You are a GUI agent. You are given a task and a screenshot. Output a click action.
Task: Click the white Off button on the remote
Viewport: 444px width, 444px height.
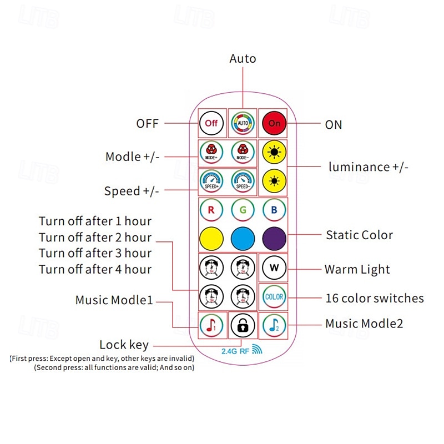(x=211, y=123)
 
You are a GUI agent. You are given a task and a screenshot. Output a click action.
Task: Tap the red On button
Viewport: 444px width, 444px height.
(x=274, y=123)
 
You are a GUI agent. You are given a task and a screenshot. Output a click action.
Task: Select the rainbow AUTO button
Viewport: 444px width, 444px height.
(x=243, y=123)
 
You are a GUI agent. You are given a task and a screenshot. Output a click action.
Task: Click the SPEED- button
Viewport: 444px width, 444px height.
(x=243, y=182)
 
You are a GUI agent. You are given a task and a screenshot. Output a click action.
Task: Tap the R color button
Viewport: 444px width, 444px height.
(x=211, y=211)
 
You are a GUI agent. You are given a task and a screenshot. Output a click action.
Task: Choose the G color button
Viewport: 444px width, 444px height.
(x=243, y=211)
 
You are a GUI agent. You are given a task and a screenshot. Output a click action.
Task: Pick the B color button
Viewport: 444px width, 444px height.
(x=274, y=211)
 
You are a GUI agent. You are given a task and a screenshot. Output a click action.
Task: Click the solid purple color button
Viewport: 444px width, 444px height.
(x=274, y=239)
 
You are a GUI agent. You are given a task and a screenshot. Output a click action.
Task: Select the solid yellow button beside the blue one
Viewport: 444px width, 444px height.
(x=211, y=239)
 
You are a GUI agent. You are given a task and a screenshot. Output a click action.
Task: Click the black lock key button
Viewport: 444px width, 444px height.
(x=243, y=325)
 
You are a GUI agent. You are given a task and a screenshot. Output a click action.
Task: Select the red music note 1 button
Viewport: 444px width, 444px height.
(x=211, y=325)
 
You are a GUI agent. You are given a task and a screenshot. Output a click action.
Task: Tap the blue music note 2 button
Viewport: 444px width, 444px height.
(x=274, y=325)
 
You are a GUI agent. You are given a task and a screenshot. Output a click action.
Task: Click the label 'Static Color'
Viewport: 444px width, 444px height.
(x=359, y=235)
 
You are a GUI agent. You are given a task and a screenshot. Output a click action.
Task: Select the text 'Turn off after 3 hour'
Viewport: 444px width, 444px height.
(x=95, y=253)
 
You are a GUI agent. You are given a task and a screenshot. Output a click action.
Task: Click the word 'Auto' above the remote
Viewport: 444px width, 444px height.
(x=243, y=58)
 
